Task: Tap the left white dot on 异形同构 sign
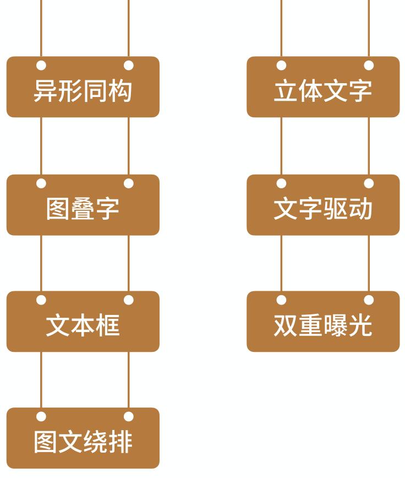[x=41, y=66]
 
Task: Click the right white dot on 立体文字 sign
[x=369, y=66]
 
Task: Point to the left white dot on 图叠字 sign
[x=41, y=183]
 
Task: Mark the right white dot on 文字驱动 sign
[x=369, y=183]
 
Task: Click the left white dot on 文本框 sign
[x=41, y=300]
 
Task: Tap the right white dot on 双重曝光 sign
[x=369, y=300]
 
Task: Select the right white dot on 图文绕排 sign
[x=129, y=417]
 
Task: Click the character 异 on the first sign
[x=46, y=91]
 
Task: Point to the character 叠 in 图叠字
[x=83, y=210]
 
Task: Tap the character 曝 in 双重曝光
[x=335, y=327]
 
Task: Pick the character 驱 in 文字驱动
[x=335, y=210]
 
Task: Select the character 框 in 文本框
[x=107, y=327]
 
